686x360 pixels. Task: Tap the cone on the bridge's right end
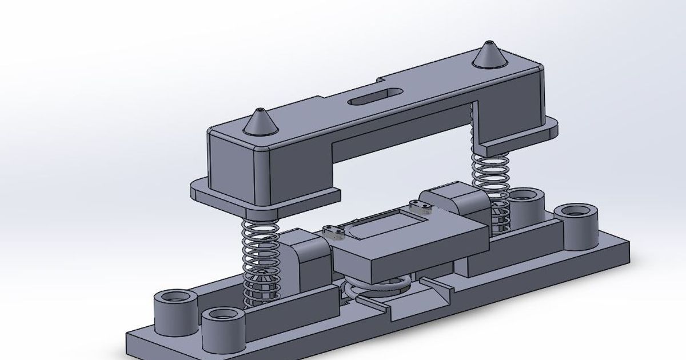[x=488, y=55]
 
